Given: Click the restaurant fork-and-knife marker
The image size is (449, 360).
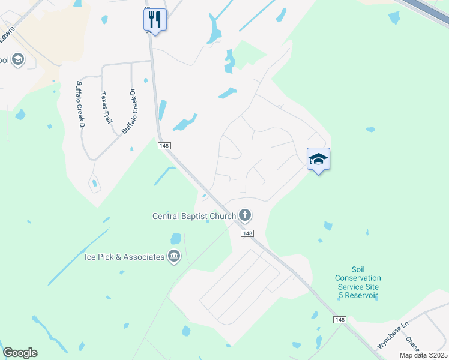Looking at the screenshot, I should (x=155, y=19).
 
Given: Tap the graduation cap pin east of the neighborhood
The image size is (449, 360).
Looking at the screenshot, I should (x=318, y=159).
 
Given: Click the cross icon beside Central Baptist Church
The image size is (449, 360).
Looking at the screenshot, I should (x=244, y=214).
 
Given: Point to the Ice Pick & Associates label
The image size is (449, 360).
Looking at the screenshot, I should (x=124, y=257).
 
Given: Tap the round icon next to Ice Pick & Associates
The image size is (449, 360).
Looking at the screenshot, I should (x=174, y=256).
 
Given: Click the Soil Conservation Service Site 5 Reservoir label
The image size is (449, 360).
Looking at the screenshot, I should (x=358, y=282).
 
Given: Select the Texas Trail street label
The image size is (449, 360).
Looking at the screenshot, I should (x=107, y=107).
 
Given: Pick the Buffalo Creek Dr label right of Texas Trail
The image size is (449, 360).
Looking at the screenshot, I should (x=130, y=111).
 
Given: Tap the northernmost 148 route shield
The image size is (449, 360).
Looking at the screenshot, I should (x=164, y=146).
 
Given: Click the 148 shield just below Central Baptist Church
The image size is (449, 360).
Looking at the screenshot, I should (x=247, y=233).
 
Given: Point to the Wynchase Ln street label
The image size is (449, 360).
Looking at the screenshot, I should (x=393, y=335).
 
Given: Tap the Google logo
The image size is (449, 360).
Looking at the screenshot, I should (x=20, y=353).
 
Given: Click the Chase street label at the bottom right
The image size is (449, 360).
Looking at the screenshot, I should (x=412, y=344).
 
